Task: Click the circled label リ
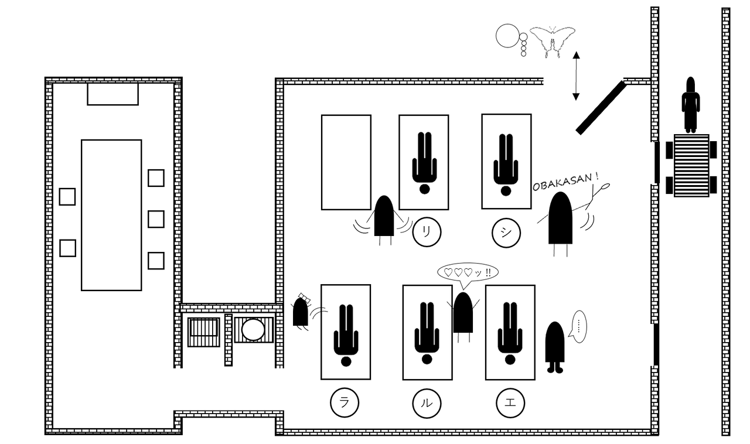click(x=427, y=232)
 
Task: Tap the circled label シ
click(x=506, y=233)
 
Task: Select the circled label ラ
click(x=345, y=402)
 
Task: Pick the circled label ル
click(x=427, y=404)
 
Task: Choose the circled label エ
click(x=510, y=403)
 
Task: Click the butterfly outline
click(x=553, y=41)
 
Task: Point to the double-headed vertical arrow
click(x=576, y=76)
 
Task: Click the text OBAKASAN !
click(x=565, y=182)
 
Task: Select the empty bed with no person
click(x=346, y=162)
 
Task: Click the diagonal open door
click(x=601, y=107)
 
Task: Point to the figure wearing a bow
click(x=301, y=312)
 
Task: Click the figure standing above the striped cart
click(x=691, y=104)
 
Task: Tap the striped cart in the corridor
click(x=691, y=166)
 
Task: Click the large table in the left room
click(x=111, y=216)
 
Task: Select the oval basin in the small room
click(x=253, y=330)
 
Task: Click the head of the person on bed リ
click(x=425, y=189)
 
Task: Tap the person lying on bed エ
click(x=510, y=333)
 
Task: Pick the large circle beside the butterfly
click(x=507, y=36)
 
